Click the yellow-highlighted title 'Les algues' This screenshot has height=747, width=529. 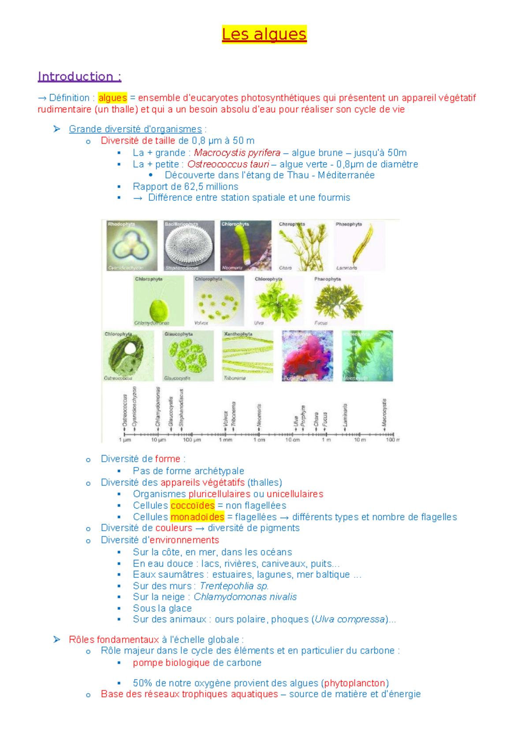point(264,34)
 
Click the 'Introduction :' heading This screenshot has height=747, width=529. point(79,77)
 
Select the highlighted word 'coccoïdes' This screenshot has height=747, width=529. point(193,506)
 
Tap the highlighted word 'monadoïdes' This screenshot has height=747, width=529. point(197,517)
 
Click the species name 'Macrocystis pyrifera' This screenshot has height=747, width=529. point(237,153)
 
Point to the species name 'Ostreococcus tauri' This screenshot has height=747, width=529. point(228,164)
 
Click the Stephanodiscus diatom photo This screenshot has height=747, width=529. point(189,245)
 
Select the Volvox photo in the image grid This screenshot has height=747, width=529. point(218,300)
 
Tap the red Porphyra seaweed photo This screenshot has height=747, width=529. point(307,356)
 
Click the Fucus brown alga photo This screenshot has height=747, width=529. point(339,300)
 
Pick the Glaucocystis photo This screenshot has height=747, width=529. point(188,356)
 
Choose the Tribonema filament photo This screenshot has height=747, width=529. point(247,356)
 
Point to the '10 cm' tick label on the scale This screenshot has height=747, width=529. point(292,440)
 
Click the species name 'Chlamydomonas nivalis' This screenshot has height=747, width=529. point(245,597)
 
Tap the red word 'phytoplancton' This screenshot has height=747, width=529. point(355,683)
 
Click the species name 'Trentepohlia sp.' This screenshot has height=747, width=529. point(234,586)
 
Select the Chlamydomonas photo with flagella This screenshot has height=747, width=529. point(159,300)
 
